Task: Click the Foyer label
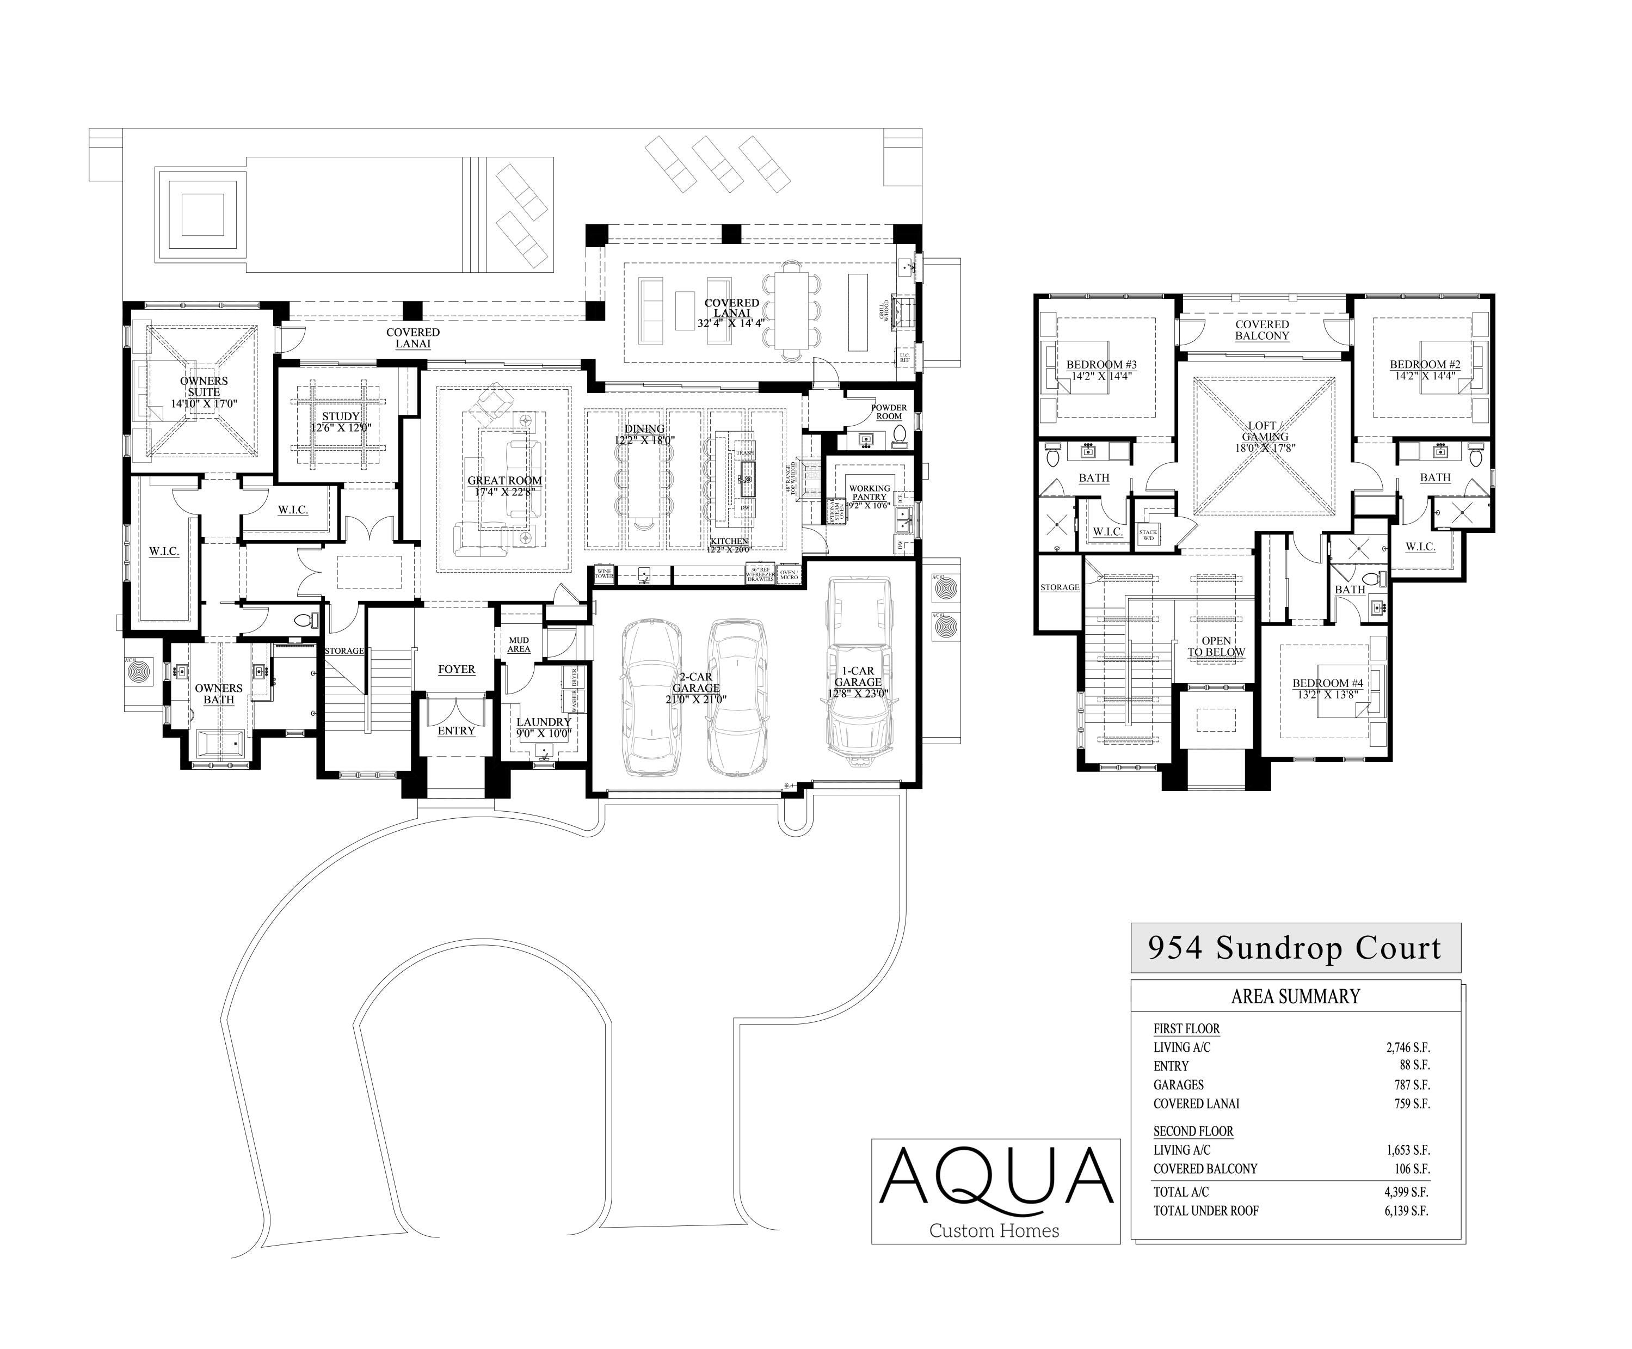456,669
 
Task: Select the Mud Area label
519,644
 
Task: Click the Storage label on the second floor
1060,587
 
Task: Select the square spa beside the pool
202,214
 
